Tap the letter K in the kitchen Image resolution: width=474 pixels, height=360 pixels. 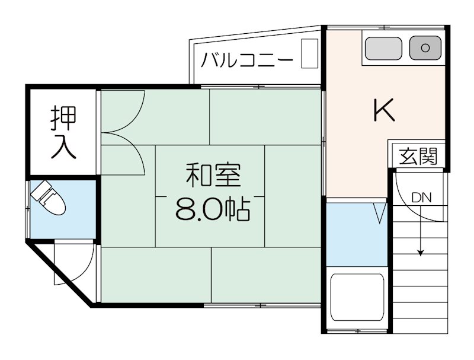click(384, 110)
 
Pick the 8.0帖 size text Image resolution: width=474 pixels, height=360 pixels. click(212, 209)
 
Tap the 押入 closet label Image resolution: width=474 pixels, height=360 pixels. click(62, 132)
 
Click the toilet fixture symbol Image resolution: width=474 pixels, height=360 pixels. click(50, 200)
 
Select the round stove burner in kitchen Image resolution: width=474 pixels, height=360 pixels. click(425, 47)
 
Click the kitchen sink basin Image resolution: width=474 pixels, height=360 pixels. click(383, 48)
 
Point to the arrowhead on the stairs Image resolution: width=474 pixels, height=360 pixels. click(421, 253)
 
